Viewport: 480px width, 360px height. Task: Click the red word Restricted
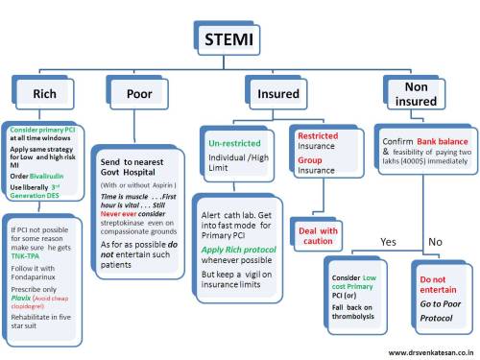click(x=318, y=136)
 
